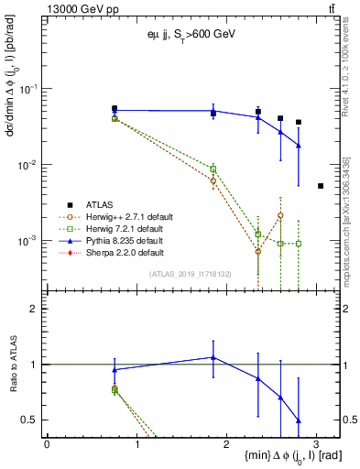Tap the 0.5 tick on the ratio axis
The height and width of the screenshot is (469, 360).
coord(35,420)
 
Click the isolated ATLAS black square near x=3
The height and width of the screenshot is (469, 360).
coord(321,186)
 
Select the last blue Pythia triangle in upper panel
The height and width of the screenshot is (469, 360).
coord(299,146)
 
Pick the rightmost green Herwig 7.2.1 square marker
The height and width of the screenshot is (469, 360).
coord(299,244)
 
